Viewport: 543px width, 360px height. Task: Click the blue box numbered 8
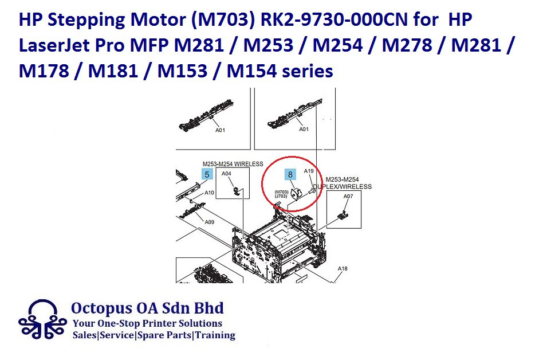[290, 174]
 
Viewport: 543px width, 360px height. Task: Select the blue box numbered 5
[207, 174]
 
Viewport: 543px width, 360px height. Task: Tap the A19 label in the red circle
[309, 171]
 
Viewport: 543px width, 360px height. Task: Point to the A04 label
[226, 174]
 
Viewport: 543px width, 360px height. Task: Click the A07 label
[348, 196]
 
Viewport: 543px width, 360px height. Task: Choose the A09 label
[209, 222]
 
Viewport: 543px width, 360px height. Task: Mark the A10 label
[209, 193]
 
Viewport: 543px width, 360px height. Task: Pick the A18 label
[343, 268]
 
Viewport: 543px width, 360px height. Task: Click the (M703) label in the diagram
[281, 192]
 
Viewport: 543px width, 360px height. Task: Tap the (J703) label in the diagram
[281, 196]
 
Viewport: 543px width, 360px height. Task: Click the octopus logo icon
[42, 320]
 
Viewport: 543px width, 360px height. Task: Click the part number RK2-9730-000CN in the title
[334, 19]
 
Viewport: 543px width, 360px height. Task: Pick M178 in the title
[44, 72]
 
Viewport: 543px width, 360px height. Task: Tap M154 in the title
[251, 72]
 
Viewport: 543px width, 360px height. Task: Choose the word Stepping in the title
[86, 20]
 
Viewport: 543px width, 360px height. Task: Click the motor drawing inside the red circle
[297, 193]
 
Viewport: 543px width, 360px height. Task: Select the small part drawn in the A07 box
[343, 215]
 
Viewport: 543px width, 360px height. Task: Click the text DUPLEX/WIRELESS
[342, 187]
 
